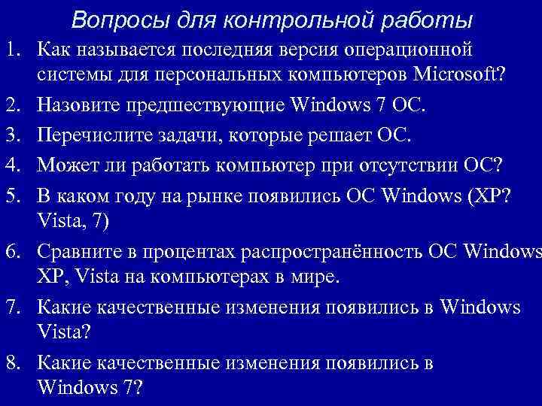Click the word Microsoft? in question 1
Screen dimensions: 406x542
[x=467, y=77]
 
